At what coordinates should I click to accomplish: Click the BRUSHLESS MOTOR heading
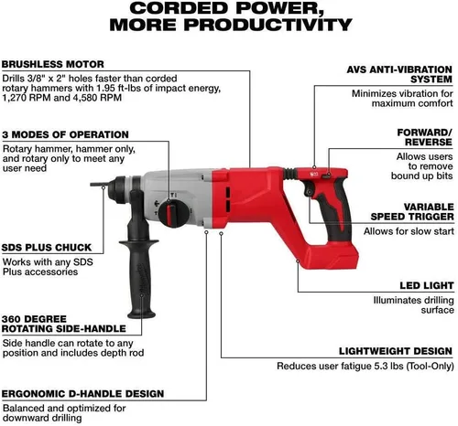[53, 64]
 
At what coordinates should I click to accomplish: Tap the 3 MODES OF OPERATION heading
[65, 134]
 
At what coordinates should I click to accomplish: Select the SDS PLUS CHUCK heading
[47, 248]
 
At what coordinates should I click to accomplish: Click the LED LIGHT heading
[427, 285]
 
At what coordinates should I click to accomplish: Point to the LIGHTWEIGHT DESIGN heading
[396, 351]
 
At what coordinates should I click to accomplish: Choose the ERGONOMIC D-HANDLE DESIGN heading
[82, 394]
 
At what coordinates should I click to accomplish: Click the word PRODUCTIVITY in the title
[267, 25]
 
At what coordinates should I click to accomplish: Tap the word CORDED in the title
[178, 8]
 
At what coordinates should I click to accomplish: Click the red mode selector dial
[170, 212]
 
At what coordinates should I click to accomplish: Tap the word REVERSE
[429, 142]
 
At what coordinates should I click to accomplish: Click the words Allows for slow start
[409, 231]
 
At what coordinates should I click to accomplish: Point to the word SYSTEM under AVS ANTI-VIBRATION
[431, 80]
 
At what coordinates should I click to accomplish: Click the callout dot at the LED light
[298, 261]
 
